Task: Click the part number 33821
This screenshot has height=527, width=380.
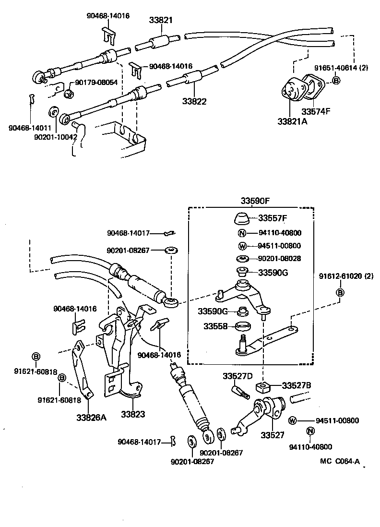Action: pos(160,20)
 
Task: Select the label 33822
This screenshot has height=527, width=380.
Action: pos(194,102)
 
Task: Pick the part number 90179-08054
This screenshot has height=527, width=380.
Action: pos(96,83)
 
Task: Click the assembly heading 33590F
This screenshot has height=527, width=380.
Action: pos(255,200)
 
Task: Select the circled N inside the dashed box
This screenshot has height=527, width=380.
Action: pos(242,234)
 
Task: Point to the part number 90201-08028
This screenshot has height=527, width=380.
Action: pos(279,259)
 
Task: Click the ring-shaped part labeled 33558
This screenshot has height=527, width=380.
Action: pos(244,328)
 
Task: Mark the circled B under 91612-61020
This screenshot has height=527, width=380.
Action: pos(340,293)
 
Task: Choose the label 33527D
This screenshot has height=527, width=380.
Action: pos(237,376)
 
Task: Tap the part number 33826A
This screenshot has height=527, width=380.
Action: pos(91,417)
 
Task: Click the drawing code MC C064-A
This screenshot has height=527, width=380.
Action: pos(340,461)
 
